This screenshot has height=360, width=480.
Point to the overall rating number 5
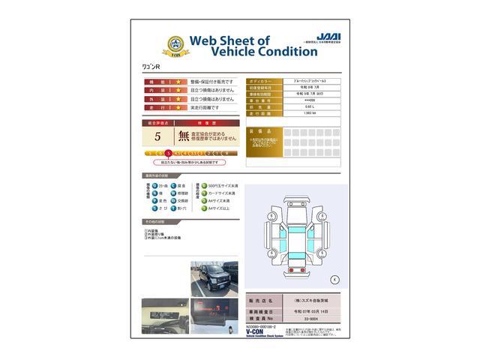157,136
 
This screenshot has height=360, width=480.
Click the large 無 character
184,136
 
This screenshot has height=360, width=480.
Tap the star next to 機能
179,81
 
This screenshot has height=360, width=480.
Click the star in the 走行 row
179,108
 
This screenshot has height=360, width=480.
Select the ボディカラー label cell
264,80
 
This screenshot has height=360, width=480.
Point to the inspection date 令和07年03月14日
311,309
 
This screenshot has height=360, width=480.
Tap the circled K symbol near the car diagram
334,279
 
